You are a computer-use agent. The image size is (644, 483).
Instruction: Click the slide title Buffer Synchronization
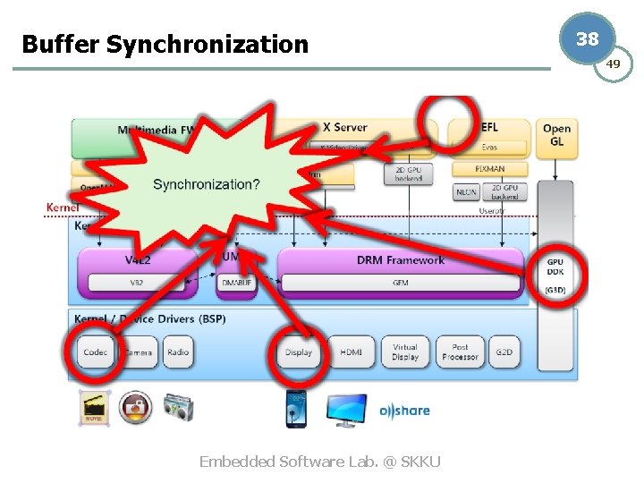pos(165,44)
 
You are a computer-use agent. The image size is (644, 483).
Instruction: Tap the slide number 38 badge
pos(587,39)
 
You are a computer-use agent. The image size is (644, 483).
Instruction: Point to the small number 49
pos(613,64)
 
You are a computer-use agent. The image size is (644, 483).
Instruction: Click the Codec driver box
pos(96,352)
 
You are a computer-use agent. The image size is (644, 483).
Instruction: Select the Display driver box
pos(299,352)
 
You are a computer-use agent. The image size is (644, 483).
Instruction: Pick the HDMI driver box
pos(351,352)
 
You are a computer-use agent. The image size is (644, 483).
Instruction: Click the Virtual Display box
pos(405,352)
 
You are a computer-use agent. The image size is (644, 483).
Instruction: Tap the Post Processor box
pos(461,352)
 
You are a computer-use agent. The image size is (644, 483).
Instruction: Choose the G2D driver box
pos(504,352)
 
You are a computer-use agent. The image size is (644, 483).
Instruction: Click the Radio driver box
pos(178,352)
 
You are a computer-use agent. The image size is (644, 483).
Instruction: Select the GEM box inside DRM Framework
pos(400,283)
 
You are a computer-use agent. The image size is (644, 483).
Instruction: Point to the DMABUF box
pos(237,283)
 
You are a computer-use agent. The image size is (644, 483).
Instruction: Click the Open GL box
pos(557,134)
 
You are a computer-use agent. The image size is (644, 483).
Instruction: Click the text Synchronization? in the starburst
pos(207,184)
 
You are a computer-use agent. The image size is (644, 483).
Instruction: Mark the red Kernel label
pos(63,208)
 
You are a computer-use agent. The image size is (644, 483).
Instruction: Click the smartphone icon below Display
pos(296,409)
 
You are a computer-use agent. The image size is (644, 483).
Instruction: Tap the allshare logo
pos(404,411)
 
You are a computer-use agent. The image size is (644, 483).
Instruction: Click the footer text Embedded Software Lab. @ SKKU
pos(319,462)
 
